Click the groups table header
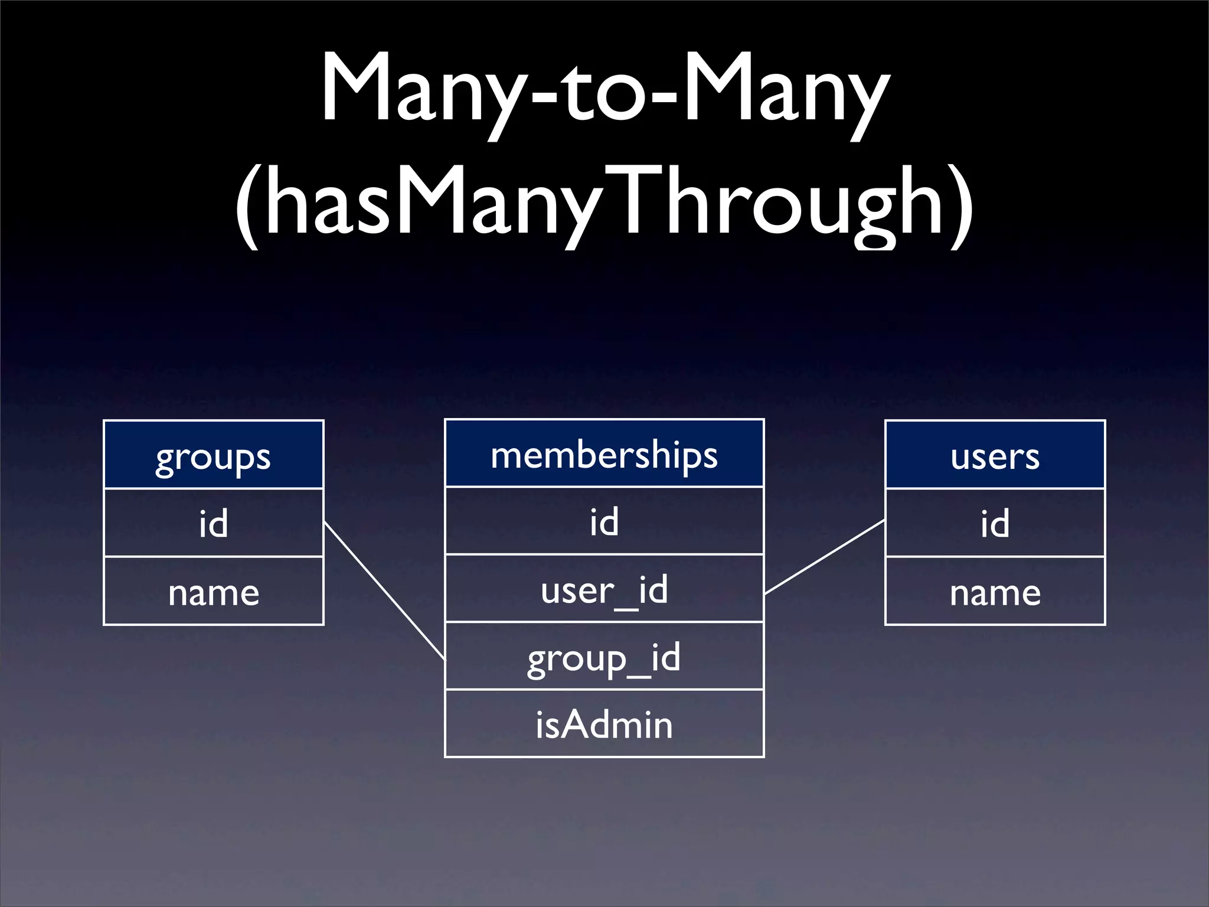pyautogui.click(x=213, y=455)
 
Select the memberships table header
pyautogui.click(x=604, y=453)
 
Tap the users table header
pyautogui.click(x=995, y=455)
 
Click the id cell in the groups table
pyautogui.click(x=213, y=523)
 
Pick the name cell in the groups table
pyautogui.click(x=213, y=591)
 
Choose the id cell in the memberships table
pyautogui.click(x=604, y=521)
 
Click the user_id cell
pyautogui.click(x=604, y=589)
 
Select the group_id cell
pyautogui.click(x=604, y=657)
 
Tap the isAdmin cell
pyautogui.click(x=604, y=724)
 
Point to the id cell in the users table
pyautogui.click(x=995, y=523)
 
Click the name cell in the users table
pyautogui.click(x=995, y=591)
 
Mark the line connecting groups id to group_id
pyautogui.click(x=384, y=590)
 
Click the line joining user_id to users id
pyautogui.click(x=825, y=557)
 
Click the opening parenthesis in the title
pyautogui.click(x=247, y=204)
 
